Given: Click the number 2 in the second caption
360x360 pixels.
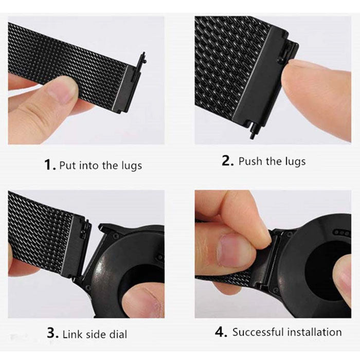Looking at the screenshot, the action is pyautogui.click(x=227, y=160).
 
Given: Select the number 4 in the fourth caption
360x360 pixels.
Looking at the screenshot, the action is pyautogui.click(x=220, y=332).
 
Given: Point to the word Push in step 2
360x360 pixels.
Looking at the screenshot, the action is pyautogui.click(x=250, y=161).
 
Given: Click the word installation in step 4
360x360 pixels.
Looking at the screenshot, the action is pyautogui.click(x=315, y=332).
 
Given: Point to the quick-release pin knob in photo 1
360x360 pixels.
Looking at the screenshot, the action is pyautogui.click(x=143, y=57).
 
